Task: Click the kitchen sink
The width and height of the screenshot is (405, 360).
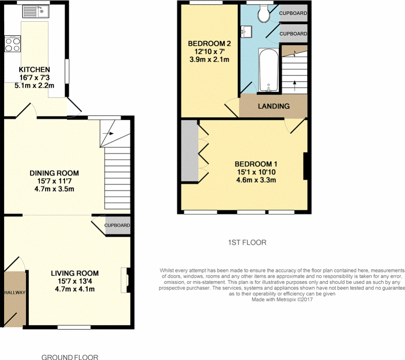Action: click(36, 12)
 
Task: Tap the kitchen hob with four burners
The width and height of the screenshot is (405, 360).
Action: click(12, 43)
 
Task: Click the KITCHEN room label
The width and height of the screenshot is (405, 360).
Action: click(34, 70)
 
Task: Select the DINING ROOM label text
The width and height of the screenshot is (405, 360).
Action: click(54, 173)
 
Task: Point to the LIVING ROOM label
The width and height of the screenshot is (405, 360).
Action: click(75, 273)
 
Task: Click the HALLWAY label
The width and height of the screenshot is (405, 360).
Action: click(15, 292)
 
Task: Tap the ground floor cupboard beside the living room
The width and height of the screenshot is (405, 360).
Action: click(117, 225)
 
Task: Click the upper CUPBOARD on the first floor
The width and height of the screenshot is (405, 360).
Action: click(293, 13)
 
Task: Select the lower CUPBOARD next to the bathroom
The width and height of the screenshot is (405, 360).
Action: click(293, 34)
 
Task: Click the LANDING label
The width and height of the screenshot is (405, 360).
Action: click(274, 106)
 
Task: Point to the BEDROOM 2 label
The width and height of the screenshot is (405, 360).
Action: click(209, 43)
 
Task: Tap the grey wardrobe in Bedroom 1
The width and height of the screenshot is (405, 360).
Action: click(189, 151)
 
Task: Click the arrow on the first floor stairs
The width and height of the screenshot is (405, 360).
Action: click(295, 83)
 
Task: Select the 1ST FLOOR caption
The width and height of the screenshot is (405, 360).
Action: click(247, 243)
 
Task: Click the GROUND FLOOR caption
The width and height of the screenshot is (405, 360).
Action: click(70, 357)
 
